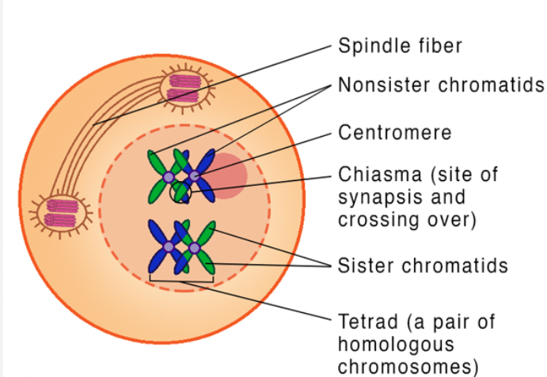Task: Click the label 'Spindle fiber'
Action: (x=400, y=45)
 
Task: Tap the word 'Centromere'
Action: (x=395, y=132)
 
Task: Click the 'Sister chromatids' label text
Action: (x=423, y=266)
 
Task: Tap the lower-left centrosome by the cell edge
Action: (x=61, y=211)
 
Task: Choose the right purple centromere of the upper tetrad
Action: (x=193, y=175)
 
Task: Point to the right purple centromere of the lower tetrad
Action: (x=194, y=248)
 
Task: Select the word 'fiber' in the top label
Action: (x=439, y=45)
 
